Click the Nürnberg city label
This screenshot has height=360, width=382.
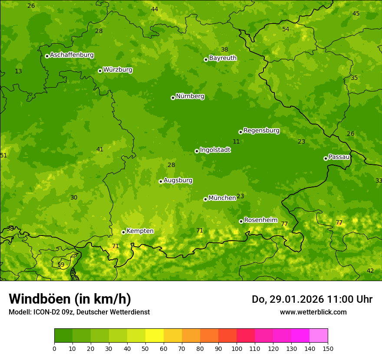190,96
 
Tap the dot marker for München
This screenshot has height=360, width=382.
205,199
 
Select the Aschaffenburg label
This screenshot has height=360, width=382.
72,55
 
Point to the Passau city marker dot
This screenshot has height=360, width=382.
326,158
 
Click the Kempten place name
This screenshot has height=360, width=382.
140,231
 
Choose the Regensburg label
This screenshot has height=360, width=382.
261,131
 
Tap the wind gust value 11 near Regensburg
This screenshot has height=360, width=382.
236,141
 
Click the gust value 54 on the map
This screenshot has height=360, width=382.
286,29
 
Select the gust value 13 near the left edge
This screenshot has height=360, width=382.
18,71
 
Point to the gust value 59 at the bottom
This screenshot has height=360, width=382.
61,265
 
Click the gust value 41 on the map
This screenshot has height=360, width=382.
100,149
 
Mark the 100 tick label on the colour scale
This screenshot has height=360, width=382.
237,348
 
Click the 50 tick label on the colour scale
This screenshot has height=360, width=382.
145,348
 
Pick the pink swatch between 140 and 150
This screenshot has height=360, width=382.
319,336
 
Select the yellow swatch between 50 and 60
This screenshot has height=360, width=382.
155,336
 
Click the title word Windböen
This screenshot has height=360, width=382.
40,299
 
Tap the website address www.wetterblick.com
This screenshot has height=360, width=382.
313,312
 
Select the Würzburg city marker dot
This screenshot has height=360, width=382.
100,71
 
